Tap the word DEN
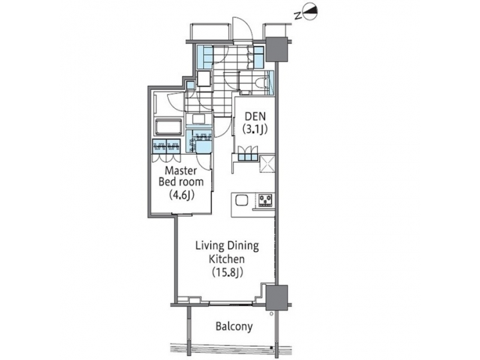(x=251, y=116)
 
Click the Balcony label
(x=233, y=327)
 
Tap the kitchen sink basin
(x=241, y=199)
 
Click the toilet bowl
(x=261, y=83)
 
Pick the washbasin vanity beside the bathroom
(x=197, y=120)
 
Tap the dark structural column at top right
(x=275, y=49)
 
